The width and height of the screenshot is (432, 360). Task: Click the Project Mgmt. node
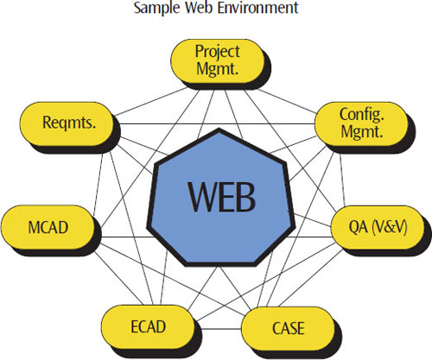tap(218, 61)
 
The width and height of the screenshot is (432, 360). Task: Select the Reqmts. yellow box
tap(67, 123)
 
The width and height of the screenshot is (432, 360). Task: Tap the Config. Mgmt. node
tap(362, 123)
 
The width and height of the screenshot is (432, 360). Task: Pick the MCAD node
tap(48, 227)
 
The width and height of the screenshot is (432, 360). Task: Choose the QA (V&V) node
tap(378, 228)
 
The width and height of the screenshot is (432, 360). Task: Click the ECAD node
tap(148, 327)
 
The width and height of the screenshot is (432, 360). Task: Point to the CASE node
tap(288, 329)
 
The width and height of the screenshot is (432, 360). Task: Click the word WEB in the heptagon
tap(221, 198)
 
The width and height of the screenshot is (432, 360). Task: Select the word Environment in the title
tap(257, 8)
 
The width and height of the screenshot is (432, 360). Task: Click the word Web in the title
tap(200, 8)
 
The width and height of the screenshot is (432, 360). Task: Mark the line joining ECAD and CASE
tap(218, 328)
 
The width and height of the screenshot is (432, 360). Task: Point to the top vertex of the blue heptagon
tap(219, 129)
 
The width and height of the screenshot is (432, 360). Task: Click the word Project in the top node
tap(218, 53)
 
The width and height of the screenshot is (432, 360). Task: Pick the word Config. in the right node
tap(362, 115)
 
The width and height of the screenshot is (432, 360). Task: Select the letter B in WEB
tap(245, 198)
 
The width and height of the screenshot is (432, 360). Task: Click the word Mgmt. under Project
tap(218, 69)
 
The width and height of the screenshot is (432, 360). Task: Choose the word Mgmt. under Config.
tap(362, 132)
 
